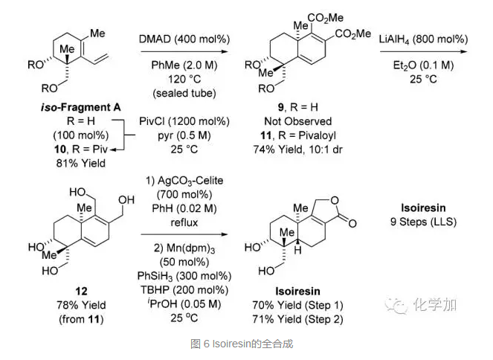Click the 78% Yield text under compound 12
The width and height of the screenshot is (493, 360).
70,305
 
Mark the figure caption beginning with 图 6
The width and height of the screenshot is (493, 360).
246,345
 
